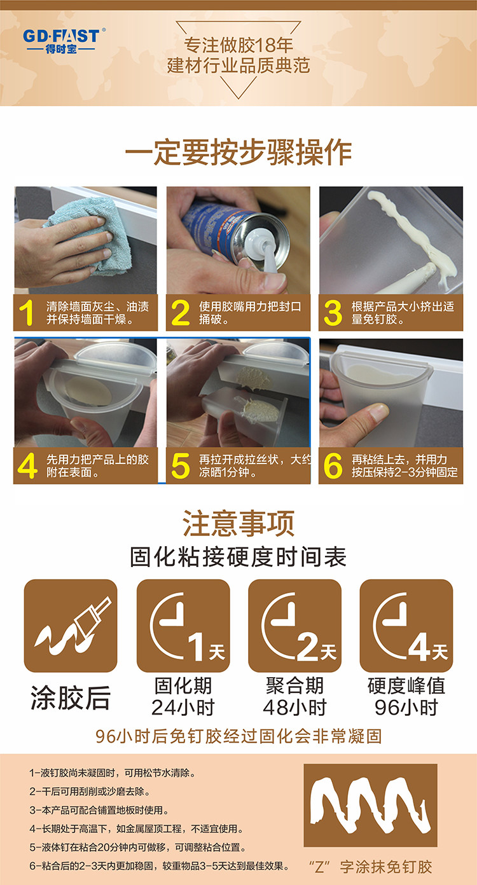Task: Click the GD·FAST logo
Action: coord(63,41)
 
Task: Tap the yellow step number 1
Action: coord(27,313)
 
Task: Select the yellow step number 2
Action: coord(180,313)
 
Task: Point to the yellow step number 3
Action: coord(333,313)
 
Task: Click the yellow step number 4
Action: coord(27,466)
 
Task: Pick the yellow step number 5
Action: coord(180,466)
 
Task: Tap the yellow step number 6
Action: coord(333,466)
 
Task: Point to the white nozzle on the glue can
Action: coord(264,250)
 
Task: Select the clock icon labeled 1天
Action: coord(183,626)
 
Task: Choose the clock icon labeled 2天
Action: coord(295,626)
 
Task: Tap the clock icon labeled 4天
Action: coord(406,626)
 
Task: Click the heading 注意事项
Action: coord(238,523)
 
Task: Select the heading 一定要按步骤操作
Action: coord(238,152)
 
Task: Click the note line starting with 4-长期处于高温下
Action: coord(136,828)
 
